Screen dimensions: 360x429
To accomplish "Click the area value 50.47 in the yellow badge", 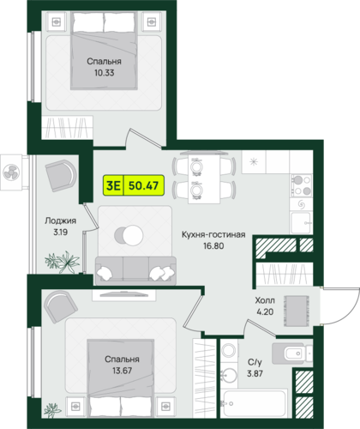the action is tap(143, 185).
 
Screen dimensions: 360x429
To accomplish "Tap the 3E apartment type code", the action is tap(113, 185).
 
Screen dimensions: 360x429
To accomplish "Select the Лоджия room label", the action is tap(60, 221).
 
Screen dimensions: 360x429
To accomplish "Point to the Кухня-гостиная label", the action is tap(213, 234).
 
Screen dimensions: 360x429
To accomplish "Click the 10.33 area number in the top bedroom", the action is tap(105, 73).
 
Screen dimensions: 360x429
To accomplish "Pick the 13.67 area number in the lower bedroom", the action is tap(122, 371).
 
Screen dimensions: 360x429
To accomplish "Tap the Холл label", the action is tap(265, 300).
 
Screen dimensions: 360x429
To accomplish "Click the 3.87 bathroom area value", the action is tap(255, 373).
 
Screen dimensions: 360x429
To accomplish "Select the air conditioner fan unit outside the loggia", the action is tap(11, 172).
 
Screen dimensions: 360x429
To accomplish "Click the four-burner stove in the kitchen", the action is tap(301, 185).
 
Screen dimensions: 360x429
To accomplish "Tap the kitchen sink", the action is tap(301, 223).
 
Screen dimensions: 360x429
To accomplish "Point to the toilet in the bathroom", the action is tap(292, 353).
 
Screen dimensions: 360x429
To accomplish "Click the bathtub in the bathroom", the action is tap(255, 403).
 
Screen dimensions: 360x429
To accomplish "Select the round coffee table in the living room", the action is tap(129, 235).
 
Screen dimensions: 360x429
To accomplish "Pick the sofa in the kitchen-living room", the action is tap(135, 270).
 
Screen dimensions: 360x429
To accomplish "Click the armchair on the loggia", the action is tap(61, 175).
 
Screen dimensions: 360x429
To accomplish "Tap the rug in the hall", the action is tap(297, 311).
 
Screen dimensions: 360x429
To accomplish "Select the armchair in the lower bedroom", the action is tap(60, 306).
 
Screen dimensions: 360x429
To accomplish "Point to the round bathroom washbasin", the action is tap(229, 375).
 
